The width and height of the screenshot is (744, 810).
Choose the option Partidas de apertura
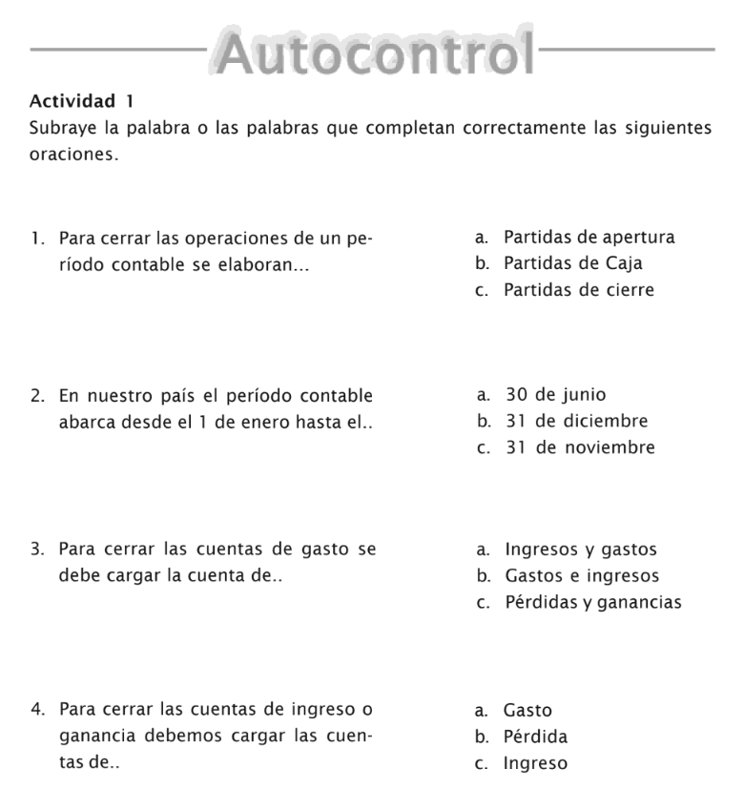tap(589, 237)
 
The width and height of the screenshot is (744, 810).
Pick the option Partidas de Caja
tap(572, 263)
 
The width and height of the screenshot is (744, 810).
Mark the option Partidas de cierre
tap(579, 290)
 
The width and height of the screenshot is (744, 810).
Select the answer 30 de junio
tap(555, 394)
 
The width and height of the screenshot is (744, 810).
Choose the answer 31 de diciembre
tap(576, 421)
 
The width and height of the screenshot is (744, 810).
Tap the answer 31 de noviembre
tap(580, 447)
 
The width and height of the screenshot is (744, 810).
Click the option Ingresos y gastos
tap(580, 550)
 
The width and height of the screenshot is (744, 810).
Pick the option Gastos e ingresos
tap(581, 576)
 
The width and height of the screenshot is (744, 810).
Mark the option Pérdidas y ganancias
tap(592, 603)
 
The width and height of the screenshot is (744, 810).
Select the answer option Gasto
tap(527, 711)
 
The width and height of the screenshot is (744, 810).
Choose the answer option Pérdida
tap(535, 737)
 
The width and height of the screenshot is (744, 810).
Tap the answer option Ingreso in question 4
tap(535, 764)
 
